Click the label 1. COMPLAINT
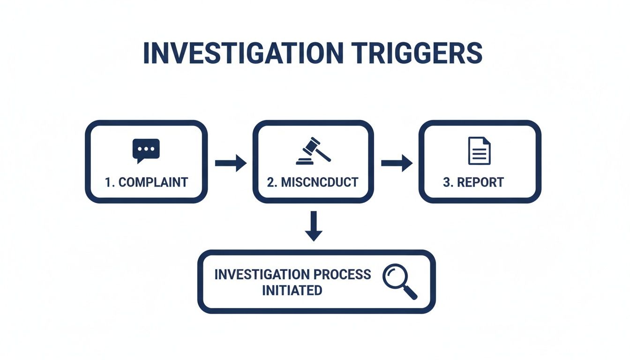[146, 182]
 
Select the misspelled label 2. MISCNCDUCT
[313, 182]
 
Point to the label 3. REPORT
[473, 182]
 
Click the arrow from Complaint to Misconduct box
[231, 163]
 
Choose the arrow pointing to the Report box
[397, 163]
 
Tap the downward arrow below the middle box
[314, 226]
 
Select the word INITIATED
[292, 290]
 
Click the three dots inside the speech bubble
[146, 149]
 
